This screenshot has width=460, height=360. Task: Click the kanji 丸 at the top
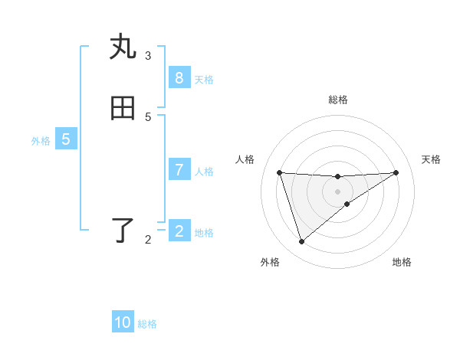(x=123, y=47)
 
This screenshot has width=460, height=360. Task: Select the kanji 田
(x=123, y=109)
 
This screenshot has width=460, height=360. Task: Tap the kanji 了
(x=123, y=231)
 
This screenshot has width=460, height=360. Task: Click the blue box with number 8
(x=179, y=78)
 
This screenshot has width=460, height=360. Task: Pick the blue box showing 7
(x=179, y=170)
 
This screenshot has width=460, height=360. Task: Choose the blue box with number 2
(x=179, y=231)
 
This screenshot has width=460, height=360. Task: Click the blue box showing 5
(x=66, y=140)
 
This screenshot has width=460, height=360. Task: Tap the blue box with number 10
(x=123, y=322)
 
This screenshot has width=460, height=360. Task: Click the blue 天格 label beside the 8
(x=204, y=80)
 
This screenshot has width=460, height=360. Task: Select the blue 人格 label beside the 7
(x=204, y=172)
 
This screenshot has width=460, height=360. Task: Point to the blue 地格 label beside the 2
(x=204, y=233)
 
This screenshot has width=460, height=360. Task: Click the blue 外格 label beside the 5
(x=41, y=141)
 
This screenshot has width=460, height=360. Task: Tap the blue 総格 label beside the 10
(x=147, y=324)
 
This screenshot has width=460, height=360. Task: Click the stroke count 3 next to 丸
(x=148, y=55)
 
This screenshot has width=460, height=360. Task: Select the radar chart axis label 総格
(x=338, y=100)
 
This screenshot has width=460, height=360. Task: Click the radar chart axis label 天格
(x=431, y=159)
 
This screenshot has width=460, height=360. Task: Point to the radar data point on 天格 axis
(x=396, y=172)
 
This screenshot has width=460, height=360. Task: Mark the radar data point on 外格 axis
(x=301, y=242)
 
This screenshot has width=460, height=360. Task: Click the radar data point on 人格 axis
(x=280, y=172)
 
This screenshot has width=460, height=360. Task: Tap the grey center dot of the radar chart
(x=338, y=191)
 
